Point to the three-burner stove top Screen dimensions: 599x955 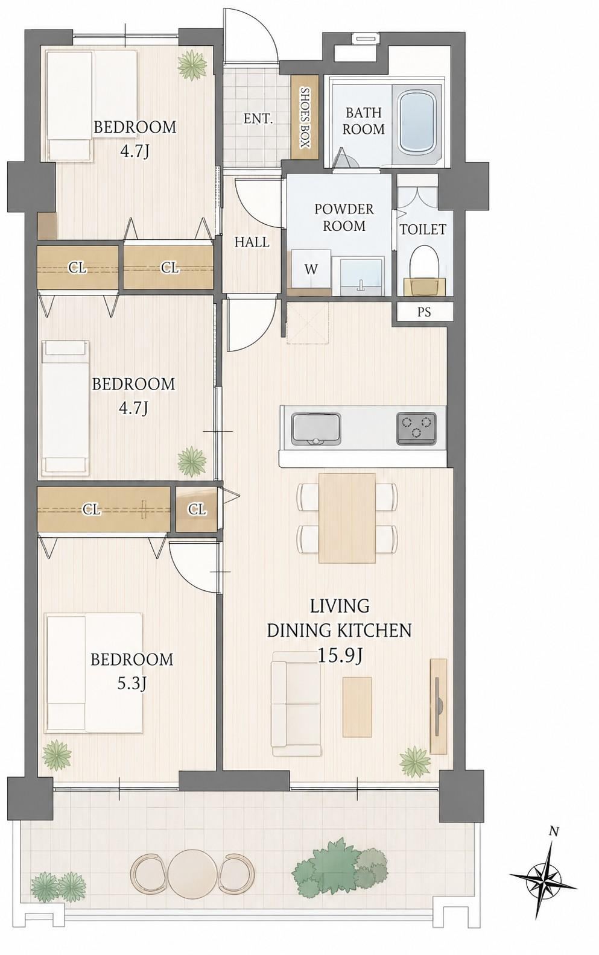416,428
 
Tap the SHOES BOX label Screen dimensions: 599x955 305,117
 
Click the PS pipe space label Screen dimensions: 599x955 423,312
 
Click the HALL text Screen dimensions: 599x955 252,242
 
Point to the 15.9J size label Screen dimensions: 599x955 340,656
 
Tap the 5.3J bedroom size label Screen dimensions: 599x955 132,684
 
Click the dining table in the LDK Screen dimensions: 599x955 347,517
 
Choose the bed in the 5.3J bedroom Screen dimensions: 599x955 94,673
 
